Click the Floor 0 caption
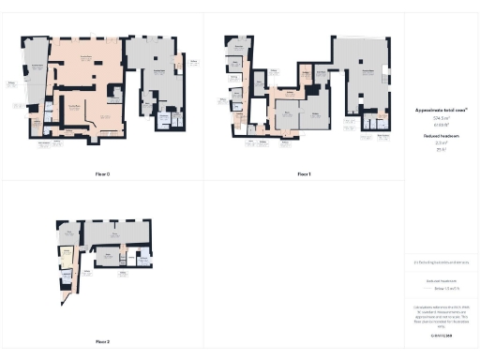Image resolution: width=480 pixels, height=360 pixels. (x=102, y=174)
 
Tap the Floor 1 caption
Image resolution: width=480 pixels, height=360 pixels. (x=304, y=174)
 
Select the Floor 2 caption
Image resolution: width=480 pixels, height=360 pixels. (x=102, y=341)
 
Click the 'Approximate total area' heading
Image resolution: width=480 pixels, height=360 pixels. (x=441, y=110)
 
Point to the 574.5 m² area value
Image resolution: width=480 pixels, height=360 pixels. (x=441, y=118)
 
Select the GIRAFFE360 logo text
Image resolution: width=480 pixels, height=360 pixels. (x=441, y=335)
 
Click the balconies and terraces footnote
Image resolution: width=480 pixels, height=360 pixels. (x=441, y=262)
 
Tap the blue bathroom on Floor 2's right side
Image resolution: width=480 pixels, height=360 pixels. (x=143, y=260)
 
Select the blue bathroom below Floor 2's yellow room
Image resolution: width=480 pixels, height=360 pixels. (x=67, y=271)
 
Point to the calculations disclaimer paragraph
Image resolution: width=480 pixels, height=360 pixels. (x=441, y=313)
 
